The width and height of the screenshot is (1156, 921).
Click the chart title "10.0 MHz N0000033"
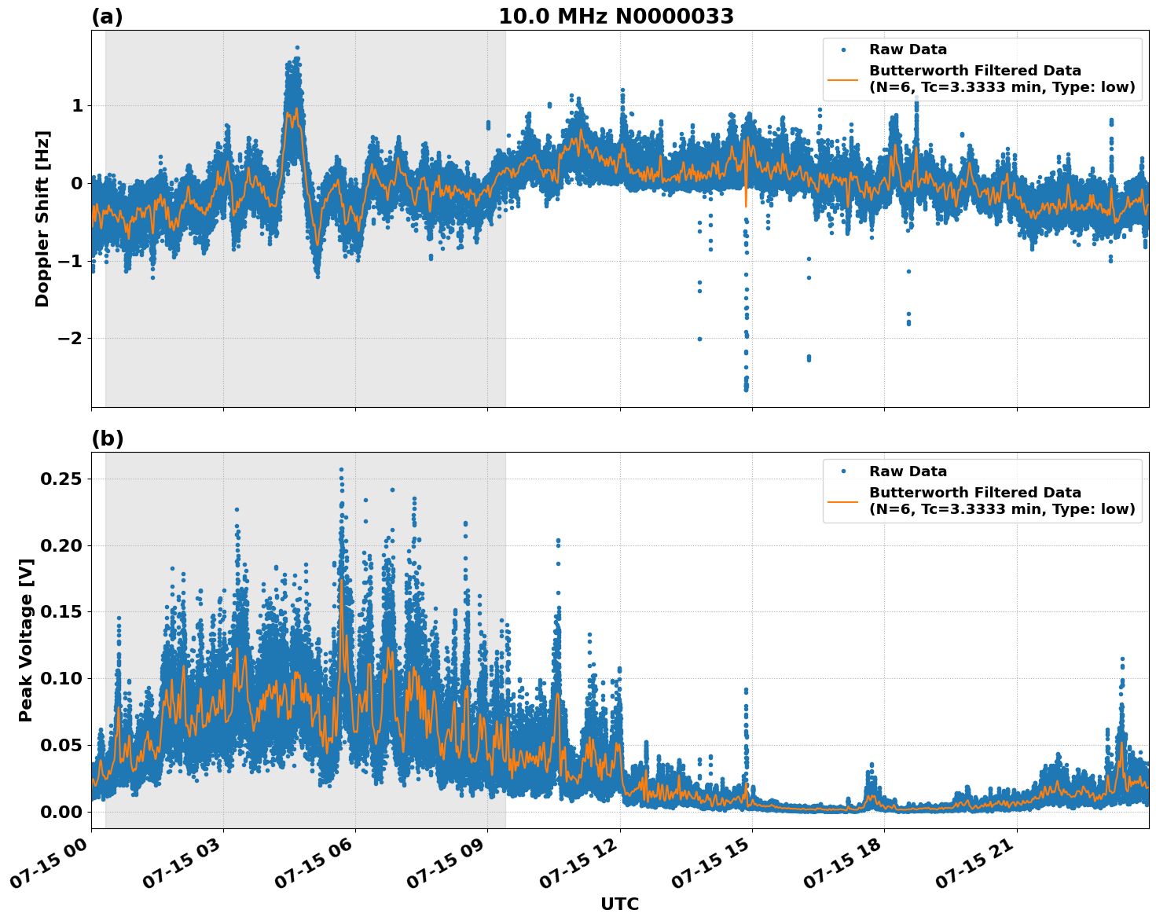pyautogui.click(x=616, y=17)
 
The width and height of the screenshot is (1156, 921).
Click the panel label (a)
pyautogui.click(x=107, y=17)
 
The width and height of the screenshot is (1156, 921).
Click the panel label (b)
pyautogui.click(x=107, y=438)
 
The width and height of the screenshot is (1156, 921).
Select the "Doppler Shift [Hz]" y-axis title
pyautogui.click(x=42, y=218)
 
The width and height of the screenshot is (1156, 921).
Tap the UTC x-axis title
pyautogui.click(x=619, y=904)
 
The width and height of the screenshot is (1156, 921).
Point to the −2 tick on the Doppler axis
pyautogui.click(x=72, y=339)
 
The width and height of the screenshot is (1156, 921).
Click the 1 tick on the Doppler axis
pyautogui.click(x=77, y=106)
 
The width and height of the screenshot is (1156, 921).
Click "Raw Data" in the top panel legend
pyautogui.click(x=908, y=50)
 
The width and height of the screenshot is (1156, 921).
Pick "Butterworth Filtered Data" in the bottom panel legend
pyautogui.click(x=974, y=493)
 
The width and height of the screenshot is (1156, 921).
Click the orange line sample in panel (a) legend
pyautogui.click(x=843, y=79)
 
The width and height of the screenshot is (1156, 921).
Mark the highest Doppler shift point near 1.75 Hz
pyautogui.click(x=297, y=47)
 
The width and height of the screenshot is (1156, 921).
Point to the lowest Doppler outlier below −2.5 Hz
pyautogui.click(x=746, y=389)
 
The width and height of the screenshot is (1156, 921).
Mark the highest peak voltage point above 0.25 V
pyautogui.click(x=341, y=470)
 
